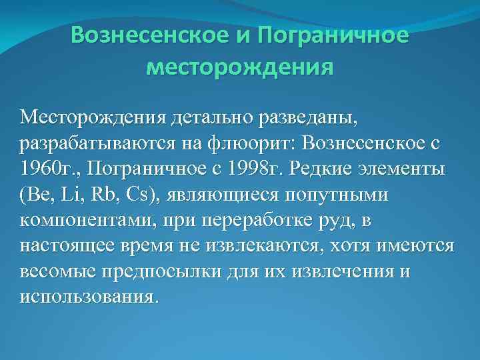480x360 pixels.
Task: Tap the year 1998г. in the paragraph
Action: [249, 169]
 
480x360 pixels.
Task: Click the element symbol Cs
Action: [141, 194]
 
